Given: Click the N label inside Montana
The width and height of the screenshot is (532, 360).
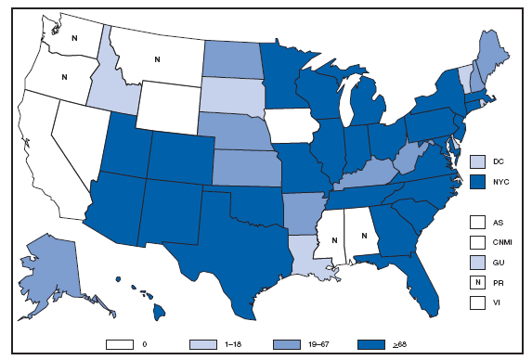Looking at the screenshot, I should click(157, 60).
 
